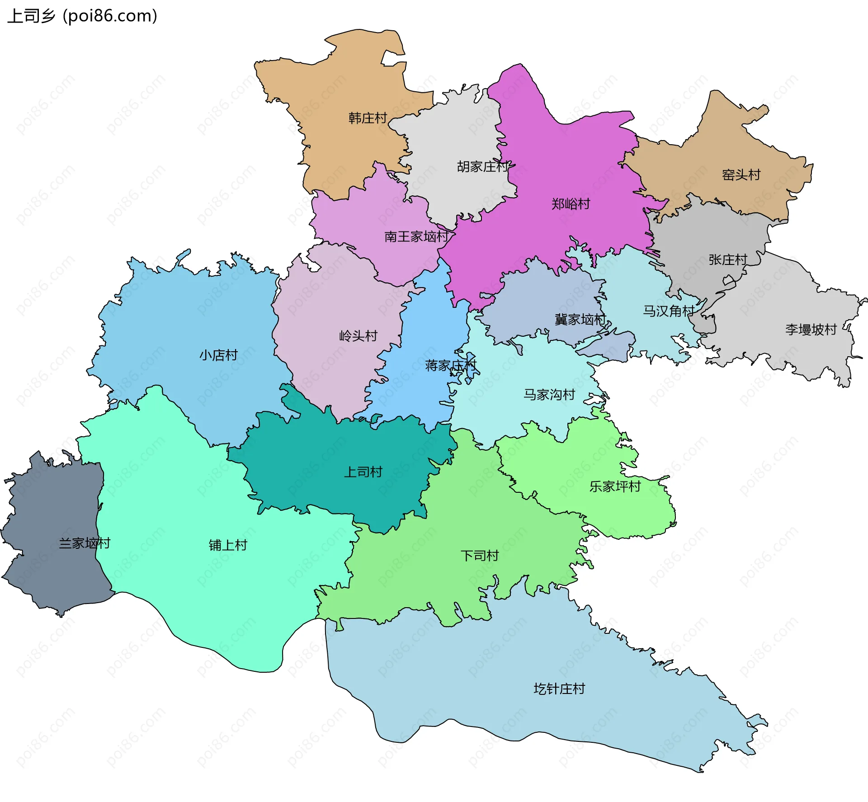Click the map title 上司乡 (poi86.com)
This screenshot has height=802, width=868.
82,16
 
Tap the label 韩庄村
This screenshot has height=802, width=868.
368,118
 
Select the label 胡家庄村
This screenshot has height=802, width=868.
483,167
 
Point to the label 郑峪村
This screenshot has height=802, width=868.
571,204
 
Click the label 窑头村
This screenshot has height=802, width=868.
741,175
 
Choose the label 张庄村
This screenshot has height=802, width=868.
727,260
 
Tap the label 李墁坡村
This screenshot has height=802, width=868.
811,330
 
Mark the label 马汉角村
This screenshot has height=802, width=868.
669,311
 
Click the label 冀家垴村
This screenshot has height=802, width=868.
580,320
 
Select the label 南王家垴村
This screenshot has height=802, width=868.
416,236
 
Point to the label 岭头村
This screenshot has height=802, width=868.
358,336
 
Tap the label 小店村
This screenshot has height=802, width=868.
218,355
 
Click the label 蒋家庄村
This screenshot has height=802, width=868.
451,365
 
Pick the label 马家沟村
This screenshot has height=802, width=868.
549,395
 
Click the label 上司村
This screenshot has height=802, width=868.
363,472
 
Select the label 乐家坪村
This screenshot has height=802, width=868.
615,486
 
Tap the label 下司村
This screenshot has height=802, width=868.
479,556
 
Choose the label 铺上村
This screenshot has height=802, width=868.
228,545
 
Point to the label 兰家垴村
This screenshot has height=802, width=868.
85,543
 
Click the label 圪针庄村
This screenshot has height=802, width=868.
559,689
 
